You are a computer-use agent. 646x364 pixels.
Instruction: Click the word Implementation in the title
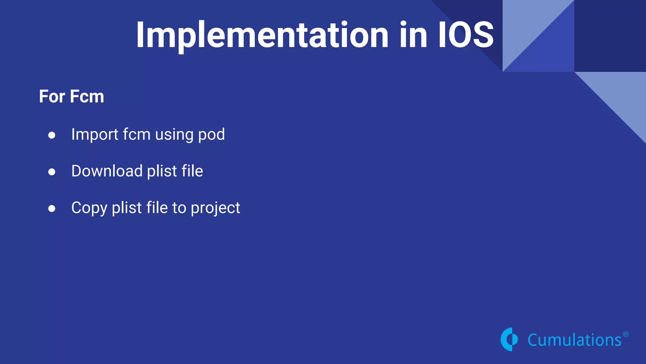262,35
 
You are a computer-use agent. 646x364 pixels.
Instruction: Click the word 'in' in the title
413,35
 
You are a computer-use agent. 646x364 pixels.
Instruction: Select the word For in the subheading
52,96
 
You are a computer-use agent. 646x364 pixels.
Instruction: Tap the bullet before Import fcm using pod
52,135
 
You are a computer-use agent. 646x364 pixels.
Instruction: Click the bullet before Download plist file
52,172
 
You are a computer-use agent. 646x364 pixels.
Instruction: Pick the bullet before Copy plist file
52,209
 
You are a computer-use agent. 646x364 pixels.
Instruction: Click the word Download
107,171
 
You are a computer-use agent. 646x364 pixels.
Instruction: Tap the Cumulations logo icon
509,339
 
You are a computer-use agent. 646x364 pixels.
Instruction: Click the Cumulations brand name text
574,340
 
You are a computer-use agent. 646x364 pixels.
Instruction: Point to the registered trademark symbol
626,334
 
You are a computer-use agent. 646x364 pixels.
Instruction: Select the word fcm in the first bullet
137,135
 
